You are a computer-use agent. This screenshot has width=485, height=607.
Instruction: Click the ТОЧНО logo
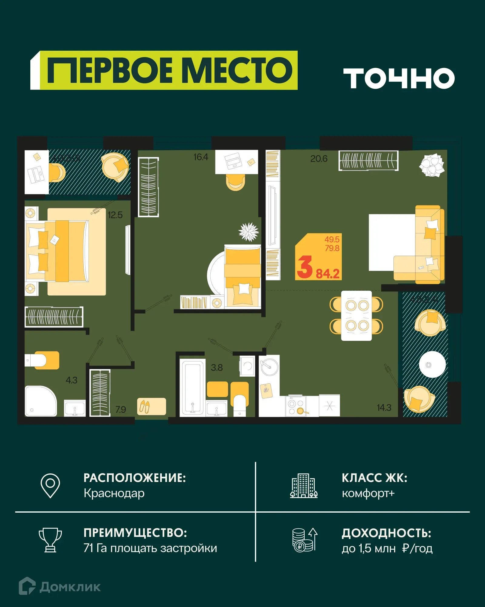pyautogui.click(x=399, y=78)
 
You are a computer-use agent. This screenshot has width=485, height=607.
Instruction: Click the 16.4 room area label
pyautogui.click(x=201, y=157)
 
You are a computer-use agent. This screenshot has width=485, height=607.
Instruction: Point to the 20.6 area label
pyautogui.click(x=319, y=159)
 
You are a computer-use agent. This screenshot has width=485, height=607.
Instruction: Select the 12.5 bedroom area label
pyautogui.click(x=115, y=215)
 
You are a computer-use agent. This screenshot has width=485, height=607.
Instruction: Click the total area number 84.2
pyautogui.click(x=328, y=274)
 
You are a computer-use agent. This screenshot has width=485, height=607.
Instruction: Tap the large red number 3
pyautogui.click(x=305, y=267)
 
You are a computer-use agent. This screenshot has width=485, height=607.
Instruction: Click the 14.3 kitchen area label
pyautogui.click(x=384, y=408)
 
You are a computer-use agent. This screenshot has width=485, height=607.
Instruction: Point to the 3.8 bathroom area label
pyautogui.click(x=217, y=368)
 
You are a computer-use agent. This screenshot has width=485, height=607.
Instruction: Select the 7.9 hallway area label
pyautogui.click(x=121, y=410)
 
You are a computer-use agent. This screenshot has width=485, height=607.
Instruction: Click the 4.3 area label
pyautogui.click(x=72, y=380)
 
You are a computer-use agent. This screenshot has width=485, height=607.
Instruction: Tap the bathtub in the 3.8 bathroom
pyautogui.click(x=192, y=387)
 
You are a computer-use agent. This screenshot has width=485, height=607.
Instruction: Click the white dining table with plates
pyautogui.click(x=356, y=316)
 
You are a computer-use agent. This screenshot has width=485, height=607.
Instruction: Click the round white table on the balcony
pyautogui.click(x=432, y=365)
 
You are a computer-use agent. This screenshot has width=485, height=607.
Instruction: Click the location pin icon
pyautogui.click(x=50, y=486)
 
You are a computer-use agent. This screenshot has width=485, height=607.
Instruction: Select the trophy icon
pyautogui.click(x=50, y=540)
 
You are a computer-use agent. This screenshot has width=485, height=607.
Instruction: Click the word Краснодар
pyautogui.click(x=114, y=493)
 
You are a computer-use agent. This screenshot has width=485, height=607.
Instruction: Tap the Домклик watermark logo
pyautogui.click(x=60, y=587)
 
